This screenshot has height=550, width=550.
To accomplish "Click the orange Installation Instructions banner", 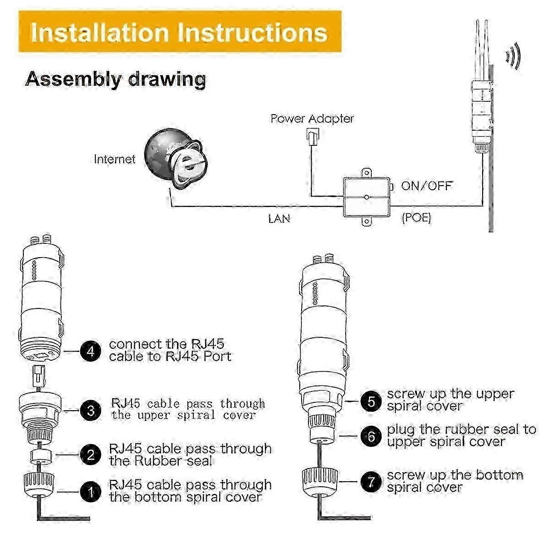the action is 180,32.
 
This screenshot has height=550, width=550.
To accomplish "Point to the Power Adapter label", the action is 312,118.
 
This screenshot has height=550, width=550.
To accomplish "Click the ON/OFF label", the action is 426,186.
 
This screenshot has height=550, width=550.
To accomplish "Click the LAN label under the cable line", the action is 279,219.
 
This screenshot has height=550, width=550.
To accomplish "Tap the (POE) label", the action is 417,218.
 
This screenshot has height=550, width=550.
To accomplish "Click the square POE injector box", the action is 367,197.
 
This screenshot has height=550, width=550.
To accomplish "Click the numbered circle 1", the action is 90,491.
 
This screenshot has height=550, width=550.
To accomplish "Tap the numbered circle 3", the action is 90,410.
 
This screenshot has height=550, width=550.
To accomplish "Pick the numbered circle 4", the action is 90,351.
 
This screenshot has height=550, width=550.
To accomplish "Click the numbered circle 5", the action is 371,401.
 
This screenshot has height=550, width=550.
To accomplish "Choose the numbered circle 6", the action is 371,436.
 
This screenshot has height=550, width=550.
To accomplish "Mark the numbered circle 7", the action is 371,482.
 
